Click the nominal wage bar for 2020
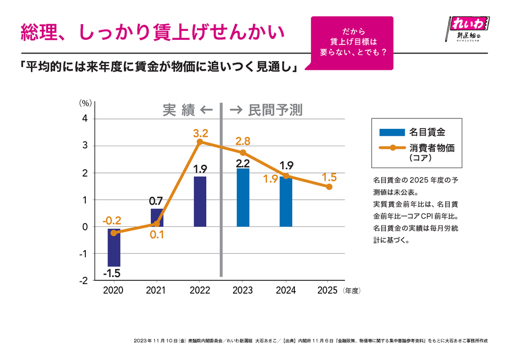click(114, 247)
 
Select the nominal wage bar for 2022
click(200, 202)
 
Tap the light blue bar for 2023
click(243, 198)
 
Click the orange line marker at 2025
click(329, 187)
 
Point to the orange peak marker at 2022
click(200, 141)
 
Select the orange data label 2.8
click(243, 141)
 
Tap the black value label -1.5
click(112, 273)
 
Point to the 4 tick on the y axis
click(84, 119)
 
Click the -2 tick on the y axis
click(83, 280)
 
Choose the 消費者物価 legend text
click(432, 148)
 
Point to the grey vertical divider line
click(222, 189)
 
